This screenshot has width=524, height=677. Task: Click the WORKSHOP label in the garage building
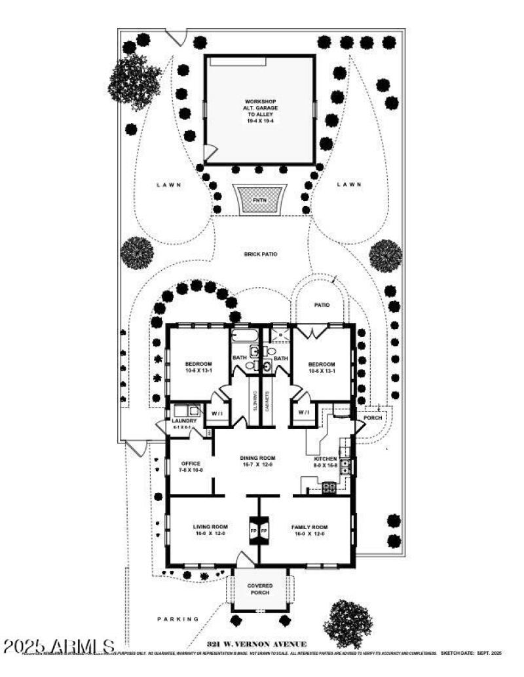(260, 102)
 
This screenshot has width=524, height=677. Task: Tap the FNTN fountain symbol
(260, 199)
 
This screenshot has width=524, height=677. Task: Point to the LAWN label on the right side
(349, 185)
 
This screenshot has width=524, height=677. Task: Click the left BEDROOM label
(198, 364)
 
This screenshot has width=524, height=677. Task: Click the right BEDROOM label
(322, 364)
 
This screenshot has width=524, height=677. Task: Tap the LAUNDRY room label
(184, 421)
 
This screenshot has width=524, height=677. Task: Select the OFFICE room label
(191, 464)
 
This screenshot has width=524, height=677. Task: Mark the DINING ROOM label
(257, 458)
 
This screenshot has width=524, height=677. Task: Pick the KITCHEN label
(326, 459)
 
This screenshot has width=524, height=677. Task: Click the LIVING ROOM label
(210, 527)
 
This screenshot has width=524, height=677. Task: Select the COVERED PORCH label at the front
(259, 589)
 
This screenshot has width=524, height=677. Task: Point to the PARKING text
(178, 619)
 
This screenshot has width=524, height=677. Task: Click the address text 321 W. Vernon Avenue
(256, 644)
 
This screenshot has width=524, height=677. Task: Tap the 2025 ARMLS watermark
(59, 646)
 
